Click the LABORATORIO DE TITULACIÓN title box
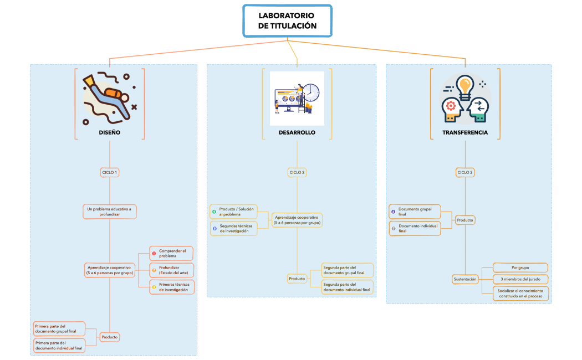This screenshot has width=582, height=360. point(287,20)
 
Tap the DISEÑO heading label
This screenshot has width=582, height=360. point(110,133)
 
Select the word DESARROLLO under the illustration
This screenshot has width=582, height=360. point(297,133)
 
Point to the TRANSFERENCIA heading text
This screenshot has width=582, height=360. point(465,133)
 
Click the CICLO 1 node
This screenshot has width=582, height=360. point(110,172)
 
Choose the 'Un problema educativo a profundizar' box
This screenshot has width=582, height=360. point(110,212)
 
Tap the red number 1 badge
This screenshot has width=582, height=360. point(154,254)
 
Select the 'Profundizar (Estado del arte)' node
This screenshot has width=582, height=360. point(171,270)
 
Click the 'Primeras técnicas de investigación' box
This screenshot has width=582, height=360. point(171,286)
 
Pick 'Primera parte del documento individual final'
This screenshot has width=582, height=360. point(59,346)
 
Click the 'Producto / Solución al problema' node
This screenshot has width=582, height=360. point(233,211)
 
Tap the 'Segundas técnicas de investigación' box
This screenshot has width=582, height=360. point(233,228)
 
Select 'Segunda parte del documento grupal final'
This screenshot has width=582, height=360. point(348,270)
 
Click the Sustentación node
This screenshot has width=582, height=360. point(465,279)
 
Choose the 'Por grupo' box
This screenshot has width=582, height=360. point(520,268)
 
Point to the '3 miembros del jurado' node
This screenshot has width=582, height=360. point(520,279)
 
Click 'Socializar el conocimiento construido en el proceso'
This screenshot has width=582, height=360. point(520,294)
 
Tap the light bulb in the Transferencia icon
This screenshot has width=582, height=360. point(465,86)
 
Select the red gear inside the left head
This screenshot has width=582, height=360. point(450,105)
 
